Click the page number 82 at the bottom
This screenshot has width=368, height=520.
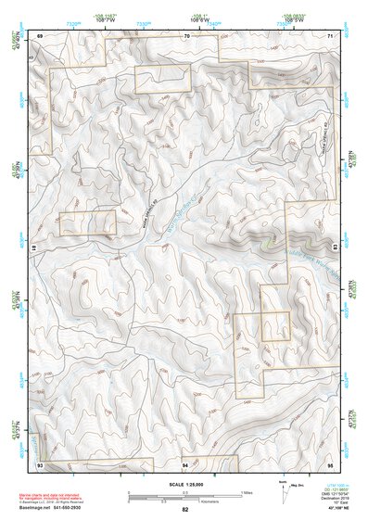(x=184, y=509)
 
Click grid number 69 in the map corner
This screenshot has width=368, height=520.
(x=40, y=35)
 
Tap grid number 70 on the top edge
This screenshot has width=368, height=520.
(x=185, y=35)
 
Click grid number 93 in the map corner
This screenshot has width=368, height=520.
(x=40, y=463)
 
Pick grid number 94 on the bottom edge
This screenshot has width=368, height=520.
(x=185, y=463)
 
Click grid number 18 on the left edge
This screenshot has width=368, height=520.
(x=37, y=248)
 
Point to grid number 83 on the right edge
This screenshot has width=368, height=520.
(x=334, y=247)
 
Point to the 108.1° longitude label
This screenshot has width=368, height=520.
(x=197, y=16)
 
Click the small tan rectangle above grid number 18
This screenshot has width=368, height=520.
(x=87, y=222)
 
